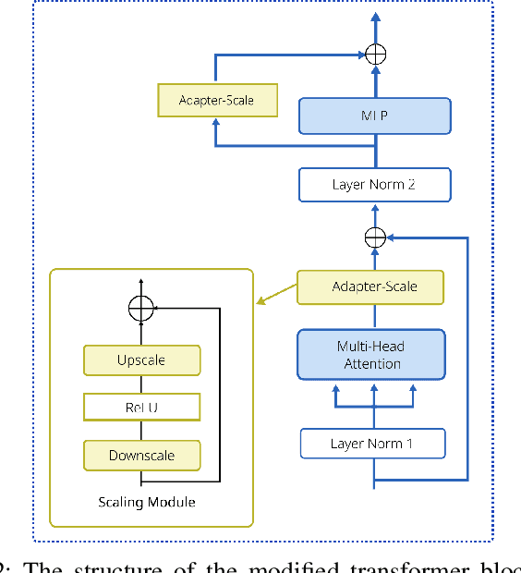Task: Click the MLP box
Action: point(374,116)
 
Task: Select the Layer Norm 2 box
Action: point(374,184)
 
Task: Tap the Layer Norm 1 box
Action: point(372,444)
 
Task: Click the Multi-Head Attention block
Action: point(371,355)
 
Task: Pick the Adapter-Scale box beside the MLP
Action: point(215,100)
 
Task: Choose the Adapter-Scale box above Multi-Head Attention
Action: point(370,286)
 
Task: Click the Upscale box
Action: point(141,360)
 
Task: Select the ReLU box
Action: point(141,407)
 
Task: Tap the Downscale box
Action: point(141,455)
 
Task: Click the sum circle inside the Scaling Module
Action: point(140,309)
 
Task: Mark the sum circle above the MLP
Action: point(374,54)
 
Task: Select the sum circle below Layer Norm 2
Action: point(374,237)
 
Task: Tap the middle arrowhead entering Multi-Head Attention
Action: point(372,390)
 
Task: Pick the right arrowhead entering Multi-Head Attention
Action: point(411,390)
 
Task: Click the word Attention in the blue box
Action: point(371,364)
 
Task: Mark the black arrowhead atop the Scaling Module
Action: point(140,282)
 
